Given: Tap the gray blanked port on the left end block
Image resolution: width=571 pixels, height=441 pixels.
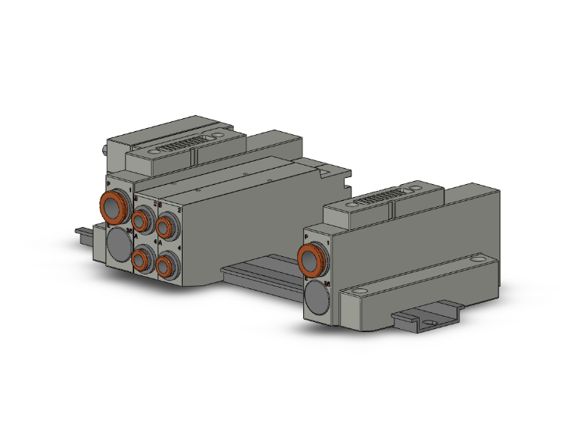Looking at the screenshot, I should coord(119,245).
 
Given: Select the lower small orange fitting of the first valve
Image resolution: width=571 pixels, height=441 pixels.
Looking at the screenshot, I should coord(142,260).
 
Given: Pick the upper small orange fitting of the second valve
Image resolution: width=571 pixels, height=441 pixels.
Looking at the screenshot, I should coord(166,225).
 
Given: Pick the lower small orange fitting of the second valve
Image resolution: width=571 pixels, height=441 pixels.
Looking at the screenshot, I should coord(166,265).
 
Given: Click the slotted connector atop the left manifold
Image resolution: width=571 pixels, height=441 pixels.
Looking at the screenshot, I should coord(181,143).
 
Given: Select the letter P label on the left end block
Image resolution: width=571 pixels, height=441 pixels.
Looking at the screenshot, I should coord(108,185).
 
